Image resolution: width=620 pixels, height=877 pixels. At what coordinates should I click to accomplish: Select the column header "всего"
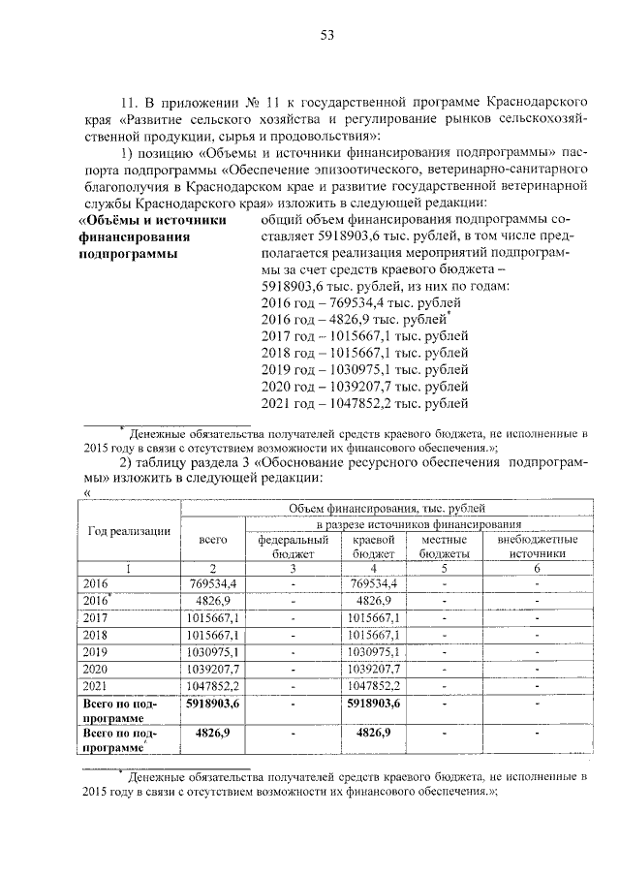point(212,545)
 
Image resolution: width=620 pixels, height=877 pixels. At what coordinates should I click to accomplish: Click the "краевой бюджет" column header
point(372,546)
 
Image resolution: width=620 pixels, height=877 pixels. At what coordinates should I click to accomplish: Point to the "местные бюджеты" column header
point(444,546)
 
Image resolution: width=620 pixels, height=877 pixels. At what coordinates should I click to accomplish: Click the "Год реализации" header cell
point(129,530)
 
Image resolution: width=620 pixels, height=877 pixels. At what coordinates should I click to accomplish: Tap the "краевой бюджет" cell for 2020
point(373,669)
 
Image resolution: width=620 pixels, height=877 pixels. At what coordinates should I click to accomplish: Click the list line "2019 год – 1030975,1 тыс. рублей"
point(365,369)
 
